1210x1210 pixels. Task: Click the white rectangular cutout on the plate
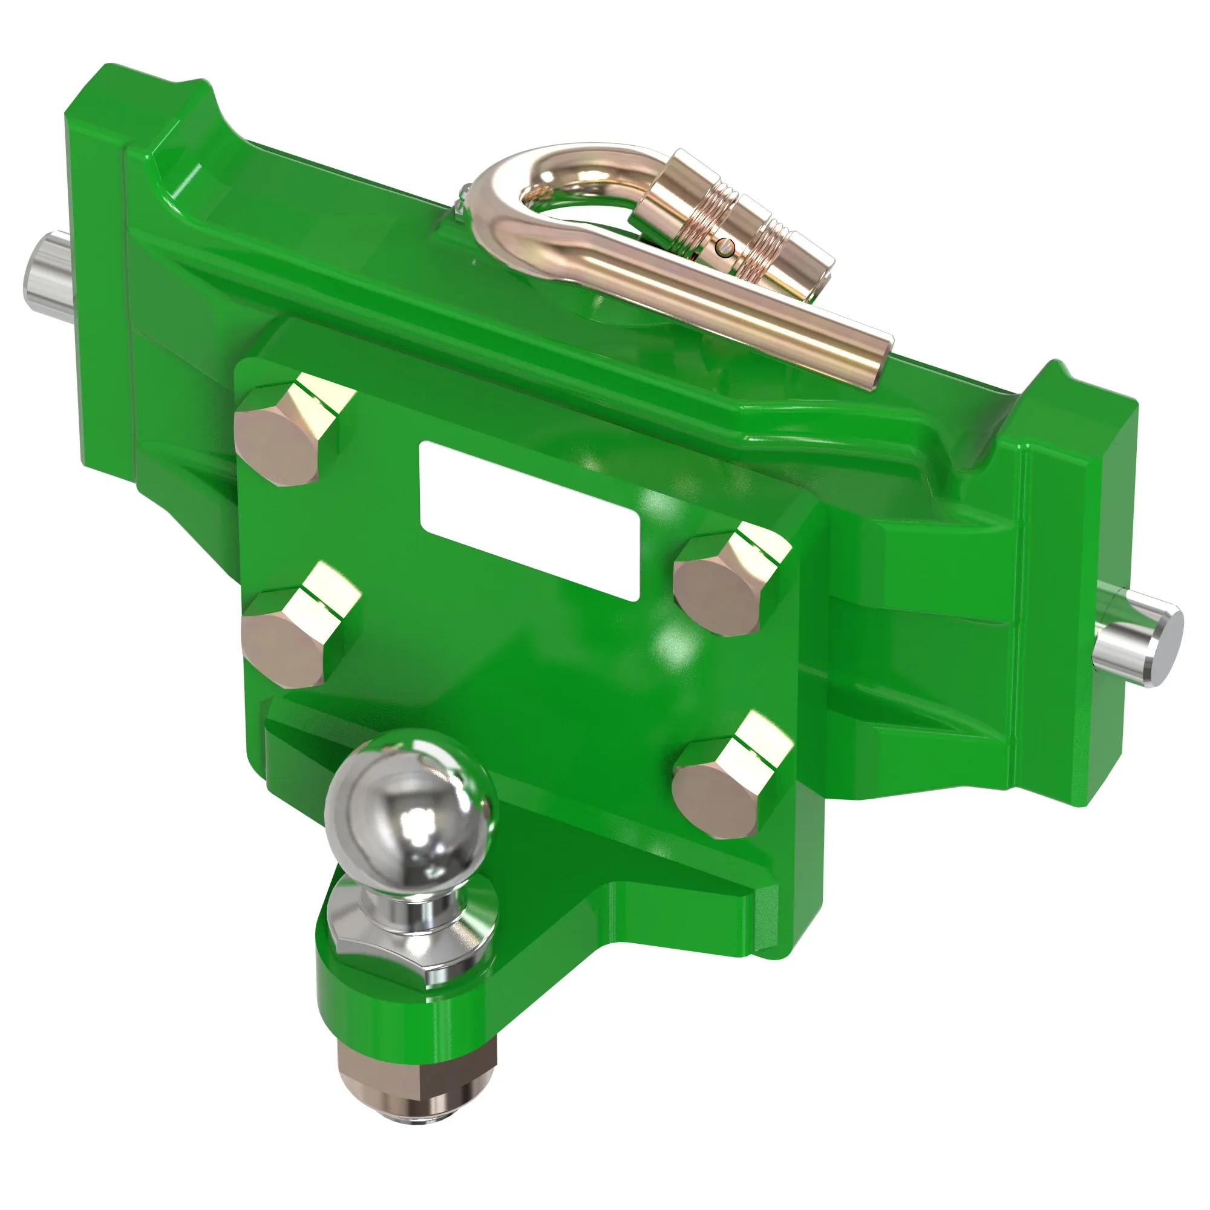point(529,520)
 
